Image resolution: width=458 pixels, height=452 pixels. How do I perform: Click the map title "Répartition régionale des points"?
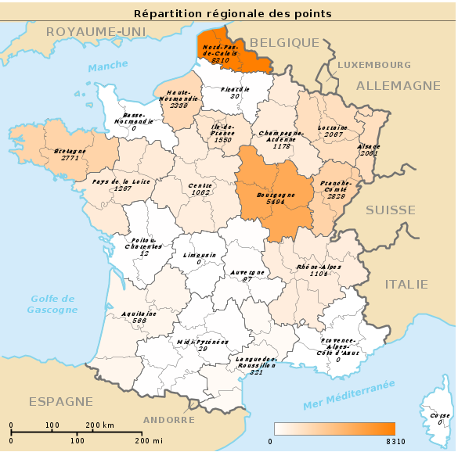pyautogui.click(x=233, y=13)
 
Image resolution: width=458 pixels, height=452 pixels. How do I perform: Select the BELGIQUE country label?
pyautogui.click(x=284, y=43)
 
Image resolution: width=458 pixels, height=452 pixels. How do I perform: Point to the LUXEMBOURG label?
pyautogui.click(x=374, y=64)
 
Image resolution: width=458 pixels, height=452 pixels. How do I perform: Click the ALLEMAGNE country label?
pyautogui.click(x=398, y=85)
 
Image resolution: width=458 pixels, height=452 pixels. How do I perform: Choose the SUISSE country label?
pyautogui.click(x=391, y=210)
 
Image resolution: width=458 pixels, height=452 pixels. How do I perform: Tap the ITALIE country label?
pyautogui.click(x=406, y=284)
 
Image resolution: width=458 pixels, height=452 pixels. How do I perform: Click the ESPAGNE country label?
pyautogui.click(x=61, y=401)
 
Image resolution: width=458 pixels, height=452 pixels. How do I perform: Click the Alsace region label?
pyautogui.click(x=369, y=146)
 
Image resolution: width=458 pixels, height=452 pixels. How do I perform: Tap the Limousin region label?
pyautogui.click(x=200, y=255)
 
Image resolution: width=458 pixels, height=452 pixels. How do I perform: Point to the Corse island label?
pyautogui.click(x=440, y=415)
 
